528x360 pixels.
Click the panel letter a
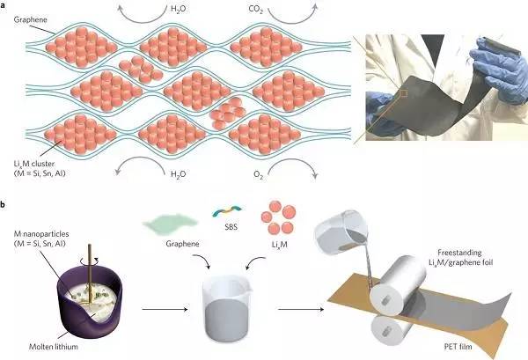pos(4,5)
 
